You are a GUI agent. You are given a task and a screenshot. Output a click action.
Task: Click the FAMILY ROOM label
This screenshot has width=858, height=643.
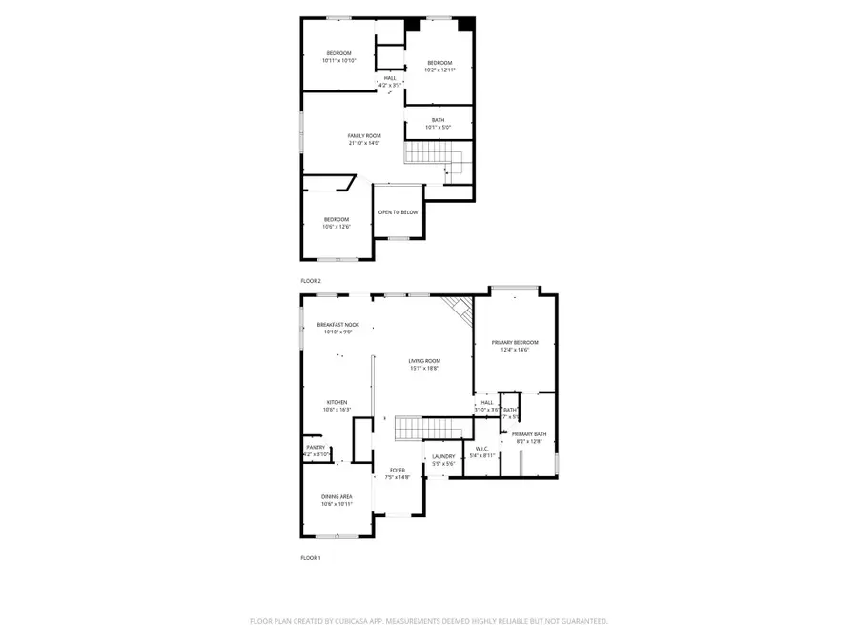[x=363, y=136]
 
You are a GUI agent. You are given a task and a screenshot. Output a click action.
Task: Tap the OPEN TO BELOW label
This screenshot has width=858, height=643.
[x=398, y=211]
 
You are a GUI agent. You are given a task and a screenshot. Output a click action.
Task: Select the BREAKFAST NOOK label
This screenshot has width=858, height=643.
[x=337, y=325]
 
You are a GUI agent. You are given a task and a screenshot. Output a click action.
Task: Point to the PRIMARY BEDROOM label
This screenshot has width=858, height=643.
[x=515, y=342]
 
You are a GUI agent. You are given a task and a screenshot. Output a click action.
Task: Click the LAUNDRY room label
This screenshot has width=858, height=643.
[x=443, y=456]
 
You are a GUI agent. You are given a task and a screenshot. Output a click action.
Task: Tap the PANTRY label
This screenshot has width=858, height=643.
[x=316, y=448]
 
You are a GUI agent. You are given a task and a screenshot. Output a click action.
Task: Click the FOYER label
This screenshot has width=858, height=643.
[x=398, y=471]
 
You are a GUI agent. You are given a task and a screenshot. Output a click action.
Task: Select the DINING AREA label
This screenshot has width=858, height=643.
[x=337, y=496]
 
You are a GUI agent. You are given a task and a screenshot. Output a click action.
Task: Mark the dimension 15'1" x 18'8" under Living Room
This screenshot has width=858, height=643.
[x=424, y=368]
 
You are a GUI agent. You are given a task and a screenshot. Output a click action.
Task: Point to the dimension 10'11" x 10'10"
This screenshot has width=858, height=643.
[x=338, y=60]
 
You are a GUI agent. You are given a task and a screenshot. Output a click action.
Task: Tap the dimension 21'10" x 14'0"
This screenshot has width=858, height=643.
[x=363, y=143]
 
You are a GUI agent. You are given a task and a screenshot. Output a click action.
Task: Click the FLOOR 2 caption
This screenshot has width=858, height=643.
[x=311, y=281]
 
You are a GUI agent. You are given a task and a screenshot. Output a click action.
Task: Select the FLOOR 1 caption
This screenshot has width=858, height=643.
[x=311, y=557]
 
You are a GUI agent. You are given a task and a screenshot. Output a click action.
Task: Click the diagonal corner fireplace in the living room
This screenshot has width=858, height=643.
[x=460, y=309]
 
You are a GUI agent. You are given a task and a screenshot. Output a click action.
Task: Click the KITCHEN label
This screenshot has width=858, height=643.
[x=337, y=402]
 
